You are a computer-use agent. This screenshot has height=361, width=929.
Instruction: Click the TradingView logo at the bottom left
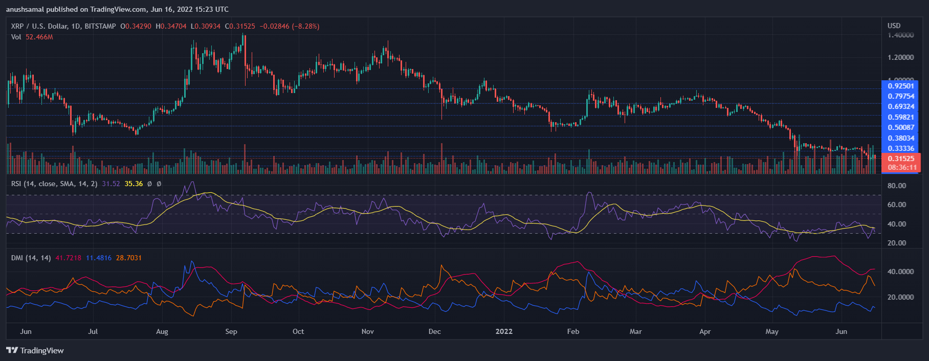[x=35, y=350]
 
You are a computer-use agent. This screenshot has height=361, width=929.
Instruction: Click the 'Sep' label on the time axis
[x=231, y=331]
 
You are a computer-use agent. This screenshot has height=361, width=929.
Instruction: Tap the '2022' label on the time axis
[x=504, y=331]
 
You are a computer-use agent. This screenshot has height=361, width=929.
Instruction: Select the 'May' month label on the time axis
[x=772, y=331]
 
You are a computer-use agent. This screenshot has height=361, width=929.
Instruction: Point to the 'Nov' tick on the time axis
[x=367, y=331]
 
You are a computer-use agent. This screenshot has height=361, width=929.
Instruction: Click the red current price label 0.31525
[x=901, y=159]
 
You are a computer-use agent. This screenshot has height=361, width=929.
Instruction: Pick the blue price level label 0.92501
[x=901, y=86]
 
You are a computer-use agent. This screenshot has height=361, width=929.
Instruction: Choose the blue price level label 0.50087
[x=901, y=127]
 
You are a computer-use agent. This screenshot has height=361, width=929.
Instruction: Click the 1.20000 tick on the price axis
[x=901, y=57]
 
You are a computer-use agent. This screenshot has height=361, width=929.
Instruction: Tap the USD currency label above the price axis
[x=894, y=26]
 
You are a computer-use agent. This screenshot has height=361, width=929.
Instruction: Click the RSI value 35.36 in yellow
[x=134, y=184]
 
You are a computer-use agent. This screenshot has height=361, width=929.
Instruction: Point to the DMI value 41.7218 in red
[x=68, y=258]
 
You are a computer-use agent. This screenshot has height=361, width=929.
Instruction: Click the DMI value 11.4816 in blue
[x=98, y=258]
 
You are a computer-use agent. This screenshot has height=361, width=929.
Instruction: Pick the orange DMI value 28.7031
[x=128, y=258]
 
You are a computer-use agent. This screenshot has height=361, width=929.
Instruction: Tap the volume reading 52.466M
[x=39, y=37]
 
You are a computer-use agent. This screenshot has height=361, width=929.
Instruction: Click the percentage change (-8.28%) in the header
[x=305, y=26]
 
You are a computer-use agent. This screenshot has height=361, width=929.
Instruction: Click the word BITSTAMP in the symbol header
[x=100, y=26]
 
